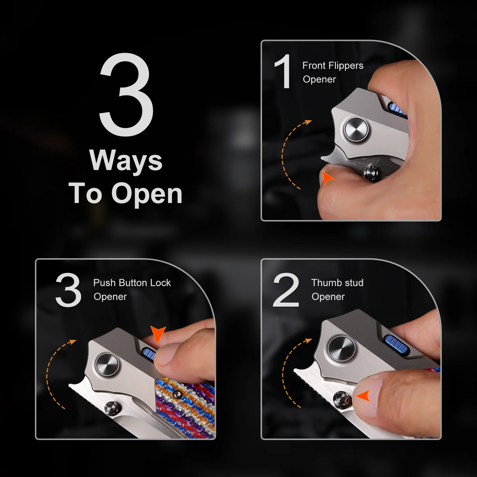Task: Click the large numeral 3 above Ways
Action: click(x=126, y=95)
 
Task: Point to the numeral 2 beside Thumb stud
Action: click(x=286, y=289)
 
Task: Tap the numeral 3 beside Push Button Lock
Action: click(x=69, y=289)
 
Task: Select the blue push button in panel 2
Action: click(x=395, y=342)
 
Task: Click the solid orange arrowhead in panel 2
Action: click(x=363, y=396)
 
